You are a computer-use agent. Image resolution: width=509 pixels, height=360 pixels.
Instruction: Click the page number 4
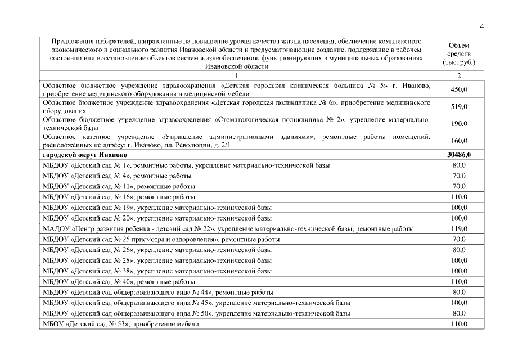(x=482, y=26)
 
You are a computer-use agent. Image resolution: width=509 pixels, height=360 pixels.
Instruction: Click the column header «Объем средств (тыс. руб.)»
(x=459, y=53)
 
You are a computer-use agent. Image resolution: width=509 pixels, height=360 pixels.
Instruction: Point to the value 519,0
(x=459, y=107)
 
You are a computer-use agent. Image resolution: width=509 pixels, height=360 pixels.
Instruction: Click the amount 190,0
(x=459, y=124)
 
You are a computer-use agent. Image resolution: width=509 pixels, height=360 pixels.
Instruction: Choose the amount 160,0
(x=459, y=141)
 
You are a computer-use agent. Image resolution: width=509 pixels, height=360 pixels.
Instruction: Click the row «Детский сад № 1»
(x=186, y=165)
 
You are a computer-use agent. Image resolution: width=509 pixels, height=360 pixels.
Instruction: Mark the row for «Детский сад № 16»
(x=119, y=197)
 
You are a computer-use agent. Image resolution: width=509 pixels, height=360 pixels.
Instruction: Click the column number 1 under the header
(x=237, y=75)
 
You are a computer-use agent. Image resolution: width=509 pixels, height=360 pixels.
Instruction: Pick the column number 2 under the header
(x=459, y=75)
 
